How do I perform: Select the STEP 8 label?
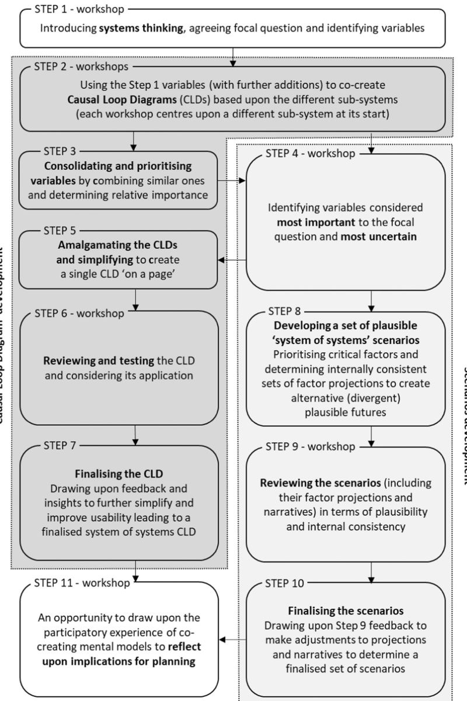[x=284, y=310]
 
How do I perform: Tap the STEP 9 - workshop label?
[x=310, y=447]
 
